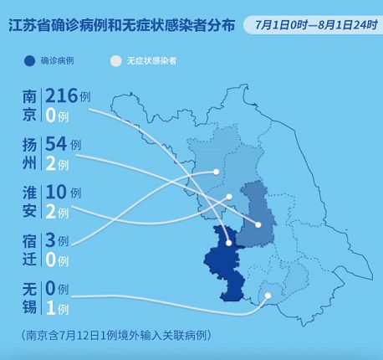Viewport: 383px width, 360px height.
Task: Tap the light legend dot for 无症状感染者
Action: coord(116,61)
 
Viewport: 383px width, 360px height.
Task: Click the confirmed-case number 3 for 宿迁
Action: coord(51,239)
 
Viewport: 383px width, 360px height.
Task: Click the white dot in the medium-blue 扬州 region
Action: coord(258,224)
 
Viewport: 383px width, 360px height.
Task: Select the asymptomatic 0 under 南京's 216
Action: coord(51,116)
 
